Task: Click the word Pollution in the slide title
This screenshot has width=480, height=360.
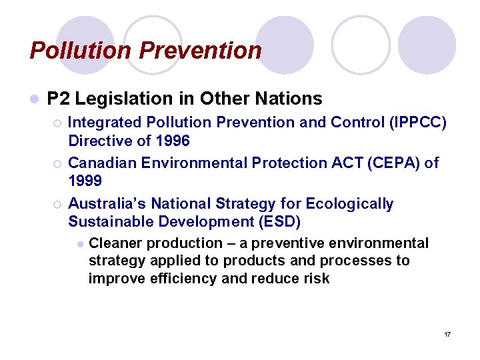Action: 73,50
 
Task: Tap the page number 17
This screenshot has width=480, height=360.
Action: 447,333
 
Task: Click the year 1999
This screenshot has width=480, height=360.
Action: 85,181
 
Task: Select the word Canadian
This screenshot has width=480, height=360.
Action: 100,163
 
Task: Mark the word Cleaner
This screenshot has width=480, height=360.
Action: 115,243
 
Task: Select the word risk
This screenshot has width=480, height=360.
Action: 317,278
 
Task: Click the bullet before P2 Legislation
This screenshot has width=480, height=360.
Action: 34,99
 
